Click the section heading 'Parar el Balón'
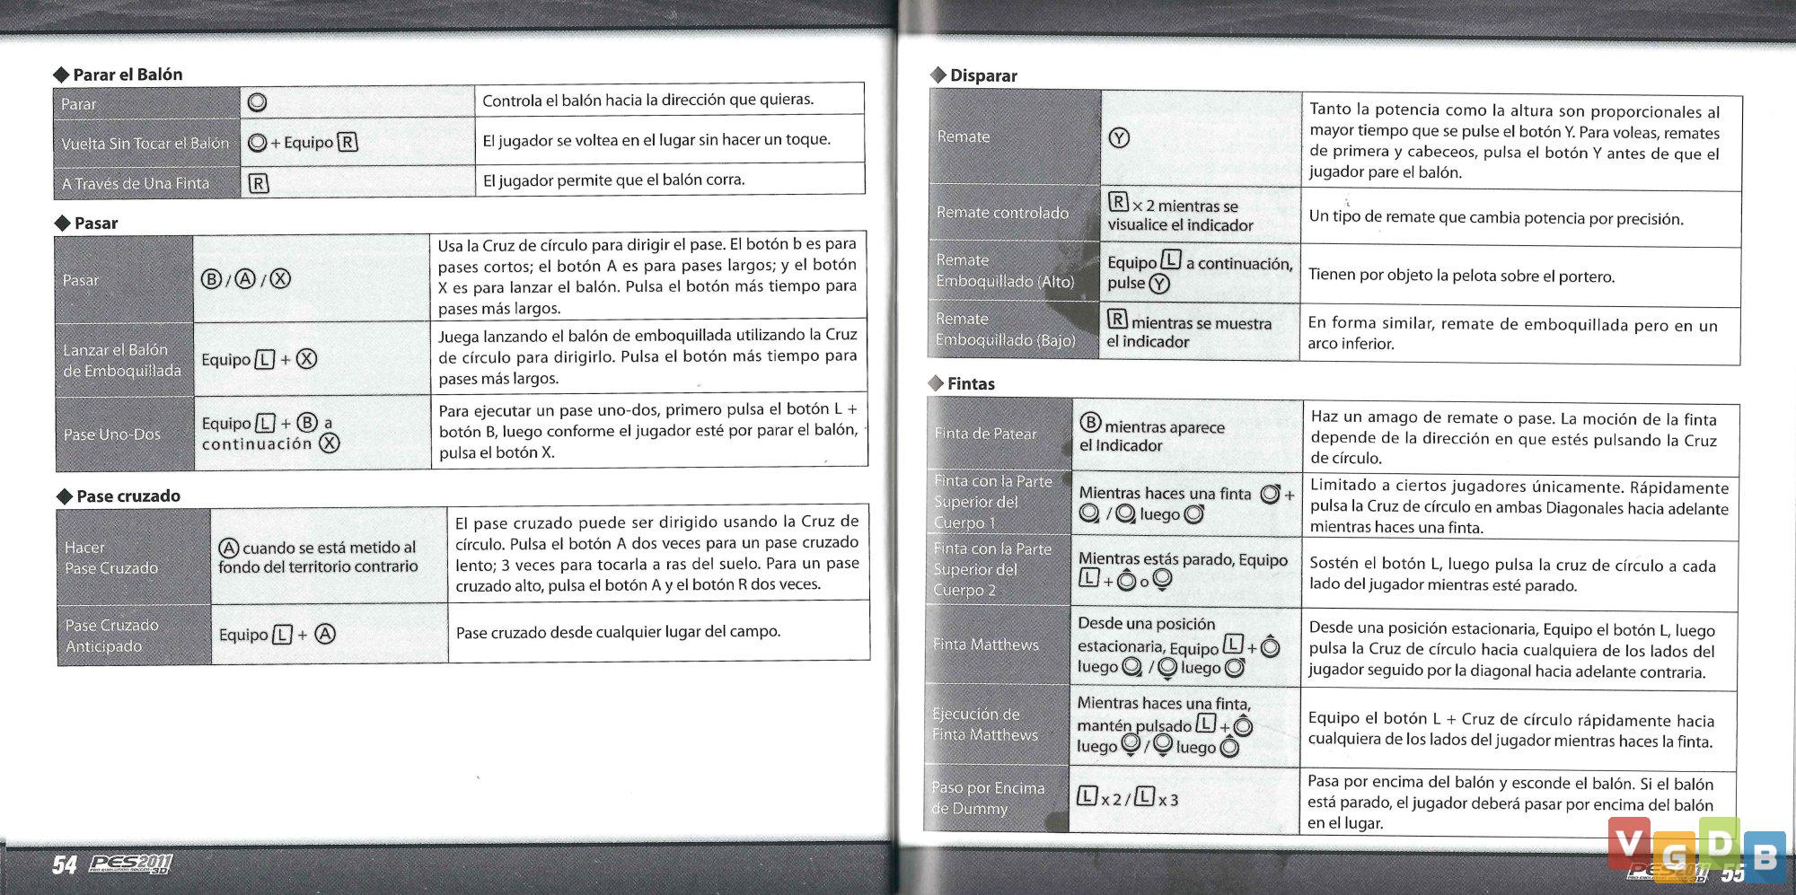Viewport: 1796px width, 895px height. (x=127, y=75)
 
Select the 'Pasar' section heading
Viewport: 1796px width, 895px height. (x=95, y=224)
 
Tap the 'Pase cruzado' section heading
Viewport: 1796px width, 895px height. (x=128, y=496)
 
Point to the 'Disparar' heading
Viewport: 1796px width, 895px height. (x=982, y=76)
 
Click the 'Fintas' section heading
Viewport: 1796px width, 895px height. (x=970, y=384)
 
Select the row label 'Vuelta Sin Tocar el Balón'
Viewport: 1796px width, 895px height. (x=145, y=144)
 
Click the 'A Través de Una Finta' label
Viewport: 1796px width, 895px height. (x=135, y=184)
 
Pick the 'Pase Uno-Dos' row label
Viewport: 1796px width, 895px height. (x=111, y=434)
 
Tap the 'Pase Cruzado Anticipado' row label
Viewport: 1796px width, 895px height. (x=111, y=636)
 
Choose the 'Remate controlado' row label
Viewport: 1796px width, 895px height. (x=1002, y=213)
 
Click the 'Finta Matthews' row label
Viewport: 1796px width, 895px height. (x=985, y=645)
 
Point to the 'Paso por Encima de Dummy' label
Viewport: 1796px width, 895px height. (x=987, y=798)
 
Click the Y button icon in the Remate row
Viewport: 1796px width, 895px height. (x=1119, y=138)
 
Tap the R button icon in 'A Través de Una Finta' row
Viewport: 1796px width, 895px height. (x=258, y=184)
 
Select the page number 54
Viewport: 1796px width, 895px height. (x=64, y=865)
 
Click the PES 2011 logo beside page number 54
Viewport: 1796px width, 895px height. (x=131, y=864)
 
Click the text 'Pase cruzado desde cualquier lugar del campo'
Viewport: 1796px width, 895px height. (x=618, y=632)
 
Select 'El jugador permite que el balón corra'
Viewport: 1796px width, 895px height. (x=613, y=180)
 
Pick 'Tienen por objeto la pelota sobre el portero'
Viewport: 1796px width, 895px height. (x=1461, y=276)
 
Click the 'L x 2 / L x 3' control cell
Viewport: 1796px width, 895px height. (x=1127, y=798)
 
